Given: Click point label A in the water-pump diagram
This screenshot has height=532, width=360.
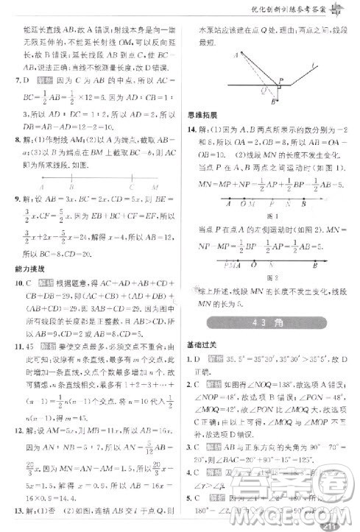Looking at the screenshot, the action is coord(235,55).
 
